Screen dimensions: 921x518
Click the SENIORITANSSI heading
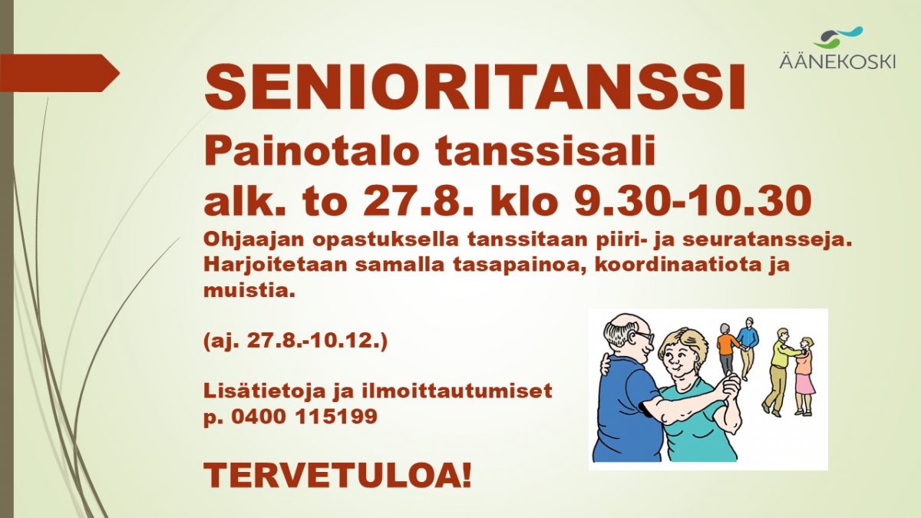coord(475,87)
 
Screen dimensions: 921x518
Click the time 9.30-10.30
coord(693,201)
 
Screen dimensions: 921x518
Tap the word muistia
coord(249,291)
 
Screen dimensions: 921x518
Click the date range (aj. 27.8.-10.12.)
coord(295,342)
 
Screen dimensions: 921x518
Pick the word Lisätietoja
coord(265,391)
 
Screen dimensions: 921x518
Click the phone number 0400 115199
coord(304,417)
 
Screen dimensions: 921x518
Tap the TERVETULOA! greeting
coord(338,476)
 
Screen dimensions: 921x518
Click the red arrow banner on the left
coord(60,73)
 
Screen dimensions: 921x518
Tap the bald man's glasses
coord(644,336)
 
